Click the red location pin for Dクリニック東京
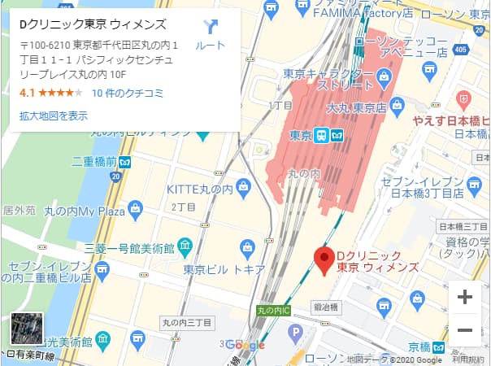click(x=325, y=260)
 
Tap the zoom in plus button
click(x=465, y=297)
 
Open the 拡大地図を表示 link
click(x=53, y=115)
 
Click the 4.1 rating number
click(x=27, y=93)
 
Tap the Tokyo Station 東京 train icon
click(x=323, y=135)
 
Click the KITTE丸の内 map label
click(x=199, y=189)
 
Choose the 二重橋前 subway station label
click(x=94, y=161)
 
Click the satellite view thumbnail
click(x=26, y=330)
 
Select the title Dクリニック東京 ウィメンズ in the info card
click(x=93, y=24)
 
